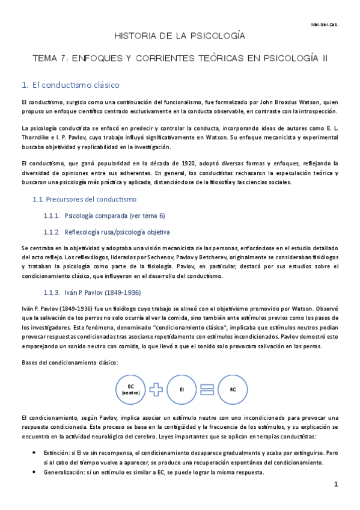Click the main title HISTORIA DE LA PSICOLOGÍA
(180, 37)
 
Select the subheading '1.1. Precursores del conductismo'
(84, 199)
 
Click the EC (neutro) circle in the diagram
(130, 389)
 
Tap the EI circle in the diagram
(182, 389)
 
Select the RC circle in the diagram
(233, 389)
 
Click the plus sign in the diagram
(156, 389)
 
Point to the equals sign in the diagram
(207, 389)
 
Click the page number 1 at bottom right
(336, 484)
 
